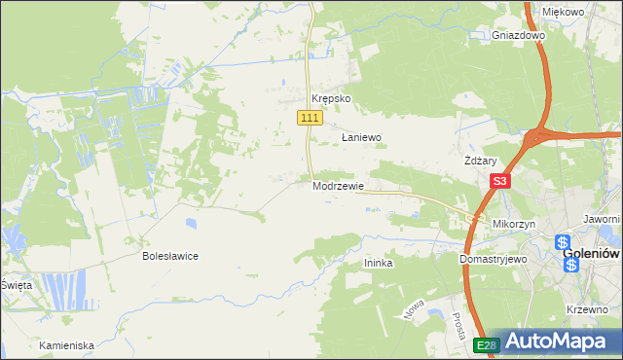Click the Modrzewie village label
coord(338,186)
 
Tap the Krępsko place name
coord(330,99)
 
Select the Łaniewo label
coord(360,138)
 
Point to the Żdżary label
coord(481,162)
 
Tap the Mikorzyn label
coord(514,224)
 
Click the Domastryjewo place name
coord(493,260)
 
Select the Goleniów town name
coord(592,255)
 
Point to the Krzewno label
coord(586,309)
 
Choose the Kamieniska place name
coord(66,345)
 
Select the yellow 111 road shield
coord(309,118)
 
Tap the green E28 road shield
coord(488,345)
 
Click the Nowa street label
coord(413,309)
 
